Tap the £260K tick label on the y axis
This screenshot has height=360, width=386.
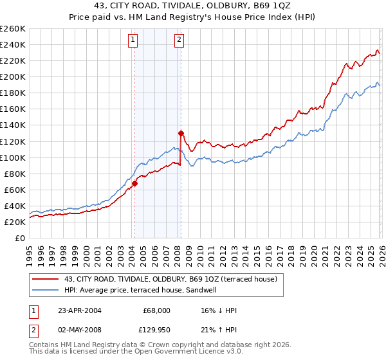pos(13,29)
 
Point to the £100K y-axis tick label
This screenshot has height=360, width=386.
pos(13,157)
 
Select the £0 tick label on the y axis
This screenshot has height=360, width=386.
pos(21,238)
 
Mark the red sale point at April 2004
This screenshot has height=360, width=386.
pos(135,183)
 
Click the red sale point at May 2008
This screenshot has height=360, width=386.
pos(181,133)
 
